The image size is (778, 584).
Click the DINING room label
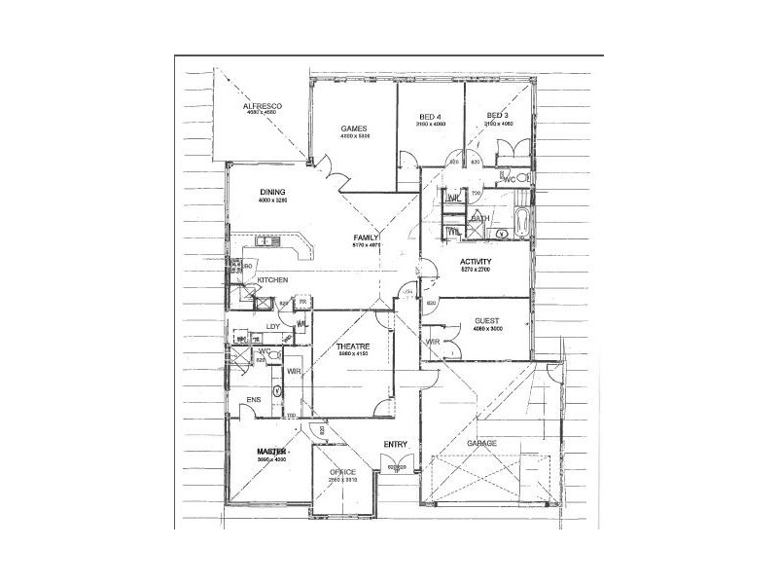pos(271,192)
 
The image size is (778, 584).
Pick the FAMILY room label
pos(366,237)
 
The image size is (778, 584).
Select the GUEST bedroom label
pos(486,319)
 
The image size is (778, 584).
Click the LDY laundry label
pos(274,327)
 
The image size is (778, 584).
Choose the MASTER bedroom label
pos(275,452)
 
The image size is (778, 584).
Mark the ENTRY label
pos(396,445)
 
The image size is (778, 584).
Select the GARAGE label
pos(482,444)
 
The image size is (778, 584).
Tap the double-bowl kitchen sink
pos(267,241)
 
